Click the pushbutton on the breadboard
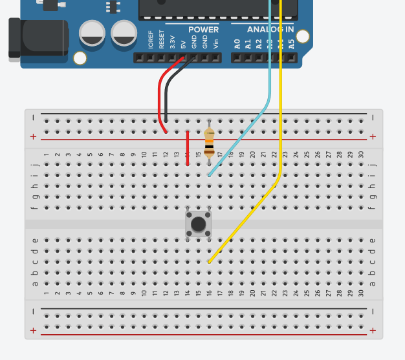[x=198, y=224]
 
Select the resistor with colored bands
[x=208, y=142]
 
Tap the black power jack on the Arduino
[x=39, y=39]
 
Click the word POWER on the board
[x=203, y=30]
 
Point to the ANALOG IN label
[x=270, y=30]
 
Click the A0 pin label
[x=237, y=44]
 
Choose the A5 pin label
[x=291, y=44]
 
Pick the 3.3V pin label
[x=172, y=43]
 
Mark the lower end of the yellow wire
[x=210, y=262]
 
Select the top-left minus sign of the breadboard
[x=33, y=118]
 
